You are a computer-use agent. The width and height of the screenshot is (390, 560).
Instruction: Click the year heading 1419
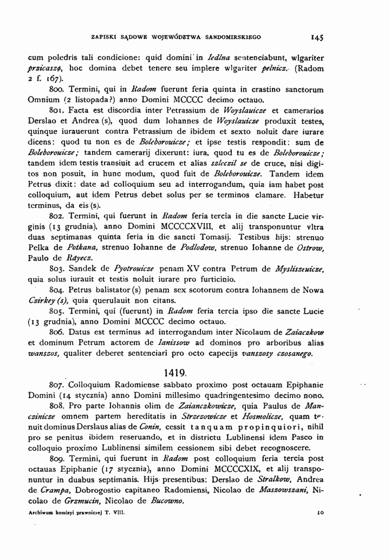(174, 374)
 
